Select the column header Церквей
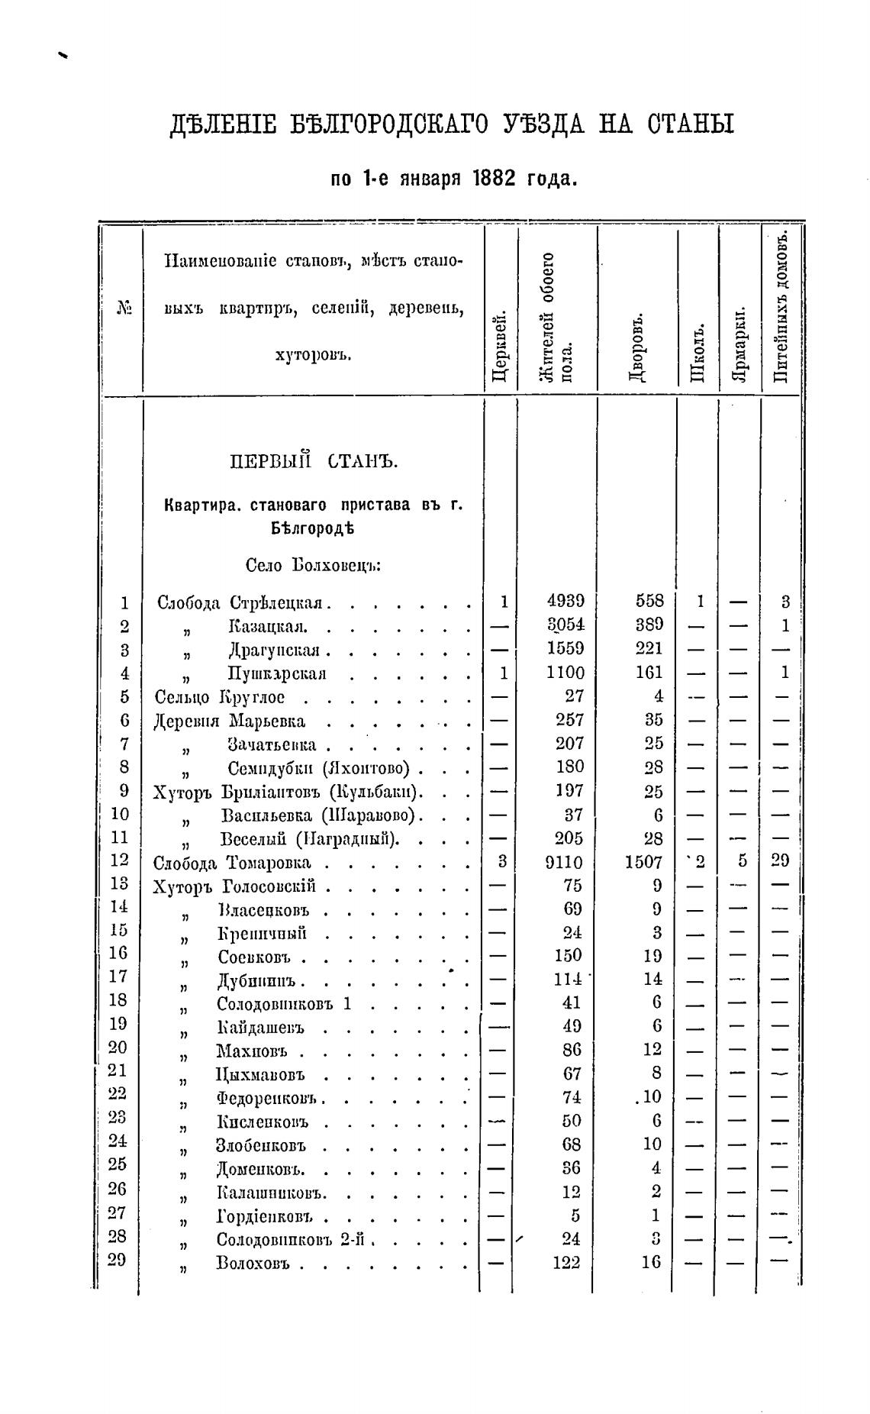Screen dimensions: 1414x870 pos(499,343)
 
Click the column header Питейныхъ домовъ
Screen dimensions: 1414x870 pos(781,308)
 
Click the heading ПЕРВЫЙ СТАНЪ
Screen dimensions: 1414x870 pos(314,462)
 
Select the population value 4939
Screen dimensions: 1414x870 pos(565,601)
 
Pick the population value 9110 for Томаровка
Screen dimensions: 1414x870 pos(565,862)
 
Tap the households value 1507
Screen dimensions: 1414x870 pos(644,862)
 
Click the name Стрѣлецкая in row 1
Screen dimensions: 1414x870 pos(278,602)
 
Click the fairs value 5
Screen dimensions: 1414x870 pos(741,861)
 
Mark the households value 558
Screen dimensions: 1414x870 pos(649,601)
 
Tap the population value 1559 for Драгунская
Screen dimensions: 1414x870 pos(565,648)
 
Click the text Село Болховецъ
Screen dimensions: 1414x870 pos(313,566)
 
